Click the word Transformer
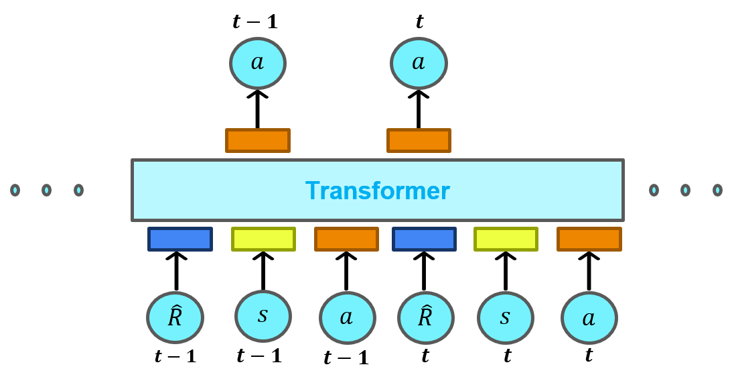[377, 191]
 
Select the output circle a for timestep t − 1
[258, 63]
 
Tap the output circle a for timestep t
[419, 63]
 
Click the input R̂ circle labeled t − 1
[175, 317]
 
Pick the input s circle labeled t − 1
[263, 316]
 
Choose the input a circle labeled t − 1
[347, 317]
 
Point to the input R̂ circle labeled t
[425, 317]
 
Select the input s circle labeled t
[506, 317]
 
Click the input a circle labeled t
[589, 318]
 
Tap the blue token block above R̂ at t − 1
[180, 239]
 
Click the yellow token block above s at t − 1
[264, 239]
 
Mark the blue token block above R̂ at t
[425, 239]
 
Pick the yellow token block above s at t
[506, 239]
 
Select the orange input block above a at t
[589, 239]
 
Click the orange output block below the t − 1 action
[258, 140]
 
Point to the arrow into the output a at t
[419, 109]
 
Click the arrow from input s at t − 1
[263, 271]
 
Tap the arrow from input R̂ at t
[424, 271]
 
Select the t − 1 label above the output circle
[255, 22]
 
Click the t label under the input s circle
[507, 356]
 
